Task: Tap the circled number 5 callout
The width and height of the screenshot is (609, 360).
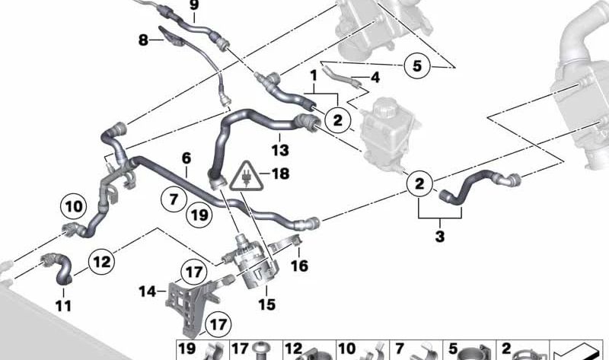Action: pyautogui.click(x=416, y=65)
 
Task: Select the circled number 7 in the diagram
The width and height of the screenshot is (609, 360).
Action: pyautogui.click(x=174, y=199)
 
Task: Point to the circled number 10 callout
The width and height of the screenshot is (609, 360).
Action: pyautogui.click(x=74, y=206)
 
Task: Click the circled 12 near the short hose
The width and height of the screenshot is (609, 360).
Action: pyautogui.click(x=102, y=262)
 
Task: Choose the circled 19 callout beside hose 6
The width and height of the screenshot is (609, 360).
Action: pyautogui.click(x=199, y=215)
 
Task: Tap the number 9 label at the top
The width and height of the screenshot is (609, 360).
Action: pyautogui.click(x=194, y=5)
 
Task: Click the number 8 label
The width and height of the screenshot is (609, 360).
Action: pyautogui.click(x=143, y=40)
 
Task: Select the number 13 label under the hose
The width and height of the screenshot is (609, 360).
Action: pyautogui.click(x=280, y=150)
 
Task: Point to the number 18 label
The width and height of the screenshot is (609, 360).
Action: pyautogui.click(x=280, y=174)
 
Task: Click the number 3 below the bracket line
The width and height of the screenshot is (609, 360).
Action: pyautogui.click(x=440, y=236)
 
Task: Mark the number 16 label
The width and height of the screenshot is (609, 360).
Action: pyautogui.click(x=299, y=266)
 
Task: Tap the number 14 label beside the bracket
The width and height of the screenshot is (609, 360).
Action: pyautogui.click(x=148, y=292)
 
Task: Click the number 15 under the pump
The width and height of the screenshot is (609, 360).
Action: pyautogui.click(x=267, y=304)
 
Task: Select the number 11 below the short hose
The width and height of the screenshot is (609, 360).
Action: pyautogui.click(x=63, y=306)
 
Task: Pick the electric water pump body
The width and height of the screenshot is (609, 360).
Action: pyautogui.click(x=253, y=264)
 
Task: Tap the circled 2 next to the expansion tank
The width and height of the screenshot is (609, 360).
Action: pyautogui.click(x=338, y=120)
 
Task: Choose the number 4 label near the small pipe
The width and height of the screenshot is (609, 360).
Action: pyautogui.click(x=375, y=78)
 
